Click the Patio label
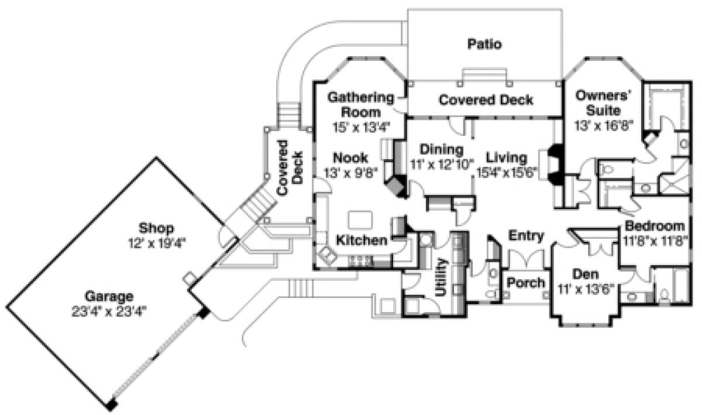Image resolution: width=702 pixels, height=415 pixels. click(x=484, y=44)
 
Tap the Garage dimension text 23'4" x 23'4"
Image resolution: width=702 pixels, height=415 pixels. click(x=109, y=312)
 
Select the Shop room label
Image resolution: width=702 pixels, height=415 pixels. click(x=156, y=228)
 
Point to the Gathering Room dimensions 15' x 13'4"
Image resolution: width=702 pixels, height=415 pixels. click(x=362, y=128)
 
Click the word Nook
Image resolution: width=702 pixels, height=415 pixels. click(x=350, y=158)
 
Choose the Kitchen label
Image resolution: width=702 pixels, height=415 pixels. click(x=362, y=241)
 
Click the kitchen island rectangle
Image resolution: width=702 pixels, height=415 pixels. click(x=360, y=219)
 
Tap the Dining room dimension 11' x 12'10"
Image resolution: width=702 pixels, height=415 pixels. click(x=442, y=164)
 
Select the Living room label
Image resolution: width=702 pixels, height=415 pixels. click(x=507, y=157)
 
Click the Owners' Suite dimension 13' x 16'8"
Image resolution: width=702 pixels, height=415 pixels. click(x=604, y=125)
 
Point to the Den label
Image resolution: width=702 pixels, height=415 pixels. click(x=586, y=274)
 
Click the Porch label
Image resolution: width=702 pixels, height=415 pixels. click(x=526, y=283)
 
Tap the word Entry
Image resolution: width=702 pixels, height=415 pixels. click(x=526, y=235)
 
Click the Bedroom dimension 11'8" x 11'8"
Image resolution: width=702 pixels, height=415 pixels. click(x=655, y=241)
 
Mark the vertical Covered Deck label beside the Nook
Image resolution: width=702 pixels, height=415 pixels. click(x=290, y=168)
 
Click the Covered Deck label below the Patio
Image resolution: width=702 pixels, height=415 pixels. click(x=486, y=100)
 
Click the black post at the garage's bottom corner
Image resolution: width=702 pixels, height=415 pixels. click(x=112, y=405)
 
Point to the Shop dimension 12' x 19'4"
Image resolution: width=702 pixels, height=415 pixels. click(x=157, y=243)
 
